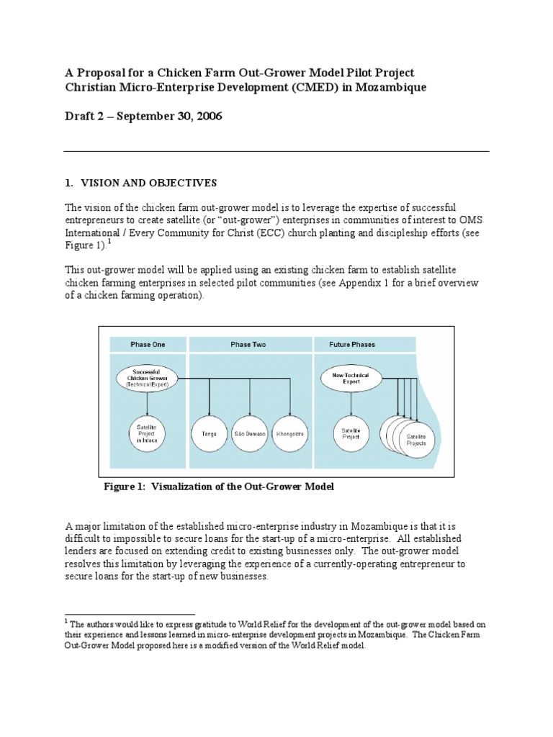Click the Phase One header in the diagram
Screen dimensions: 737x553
148,345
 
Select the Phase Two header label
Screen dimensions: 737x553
248,345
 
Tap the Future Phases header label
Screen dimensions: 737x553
353,345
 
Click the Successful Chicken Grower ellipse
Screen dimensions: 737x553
147,378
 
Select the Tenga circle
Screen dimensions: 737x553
210,434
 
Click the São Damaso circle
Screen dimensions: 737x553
250,434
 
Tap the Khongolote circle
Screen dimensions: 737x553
290,434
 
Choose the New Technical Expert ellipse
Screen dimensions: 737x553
351,379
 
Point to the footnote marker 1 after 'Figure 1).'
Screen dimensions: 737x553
110,241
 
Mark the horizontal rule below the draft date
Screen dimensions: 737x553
276,151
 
